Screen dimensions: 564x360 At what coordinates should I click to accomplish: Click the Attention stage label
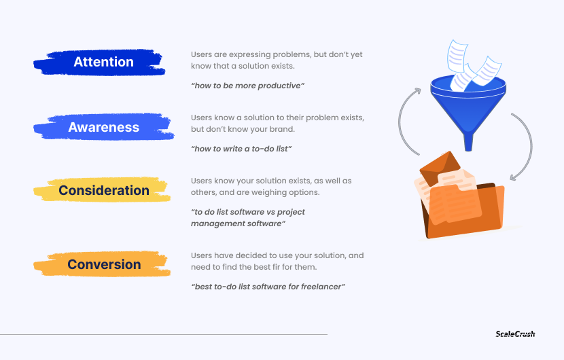click(103, 62)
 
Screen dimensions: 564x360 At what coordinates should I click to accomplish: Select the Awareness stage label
click(103, 127)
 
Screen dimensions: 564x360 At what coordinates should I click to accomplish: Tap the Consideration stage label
click(103, 190)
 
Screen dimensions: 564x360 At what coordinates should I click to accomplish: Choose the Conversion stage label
click(104, 264)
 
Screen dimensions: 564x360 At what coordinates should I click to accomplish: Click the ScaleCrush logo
click(515, 334)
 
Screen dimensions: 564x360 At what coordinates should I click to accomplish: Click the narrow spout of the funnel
click(468, 143)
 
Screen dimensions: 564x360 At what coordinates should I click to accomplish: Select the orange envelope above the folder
click(440, 168)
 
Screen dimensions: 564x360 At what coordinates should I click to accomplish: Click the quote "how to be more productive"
click(248, 86)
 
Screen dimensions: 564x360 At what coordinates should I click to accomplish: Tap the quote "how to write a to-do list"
click(241, 149)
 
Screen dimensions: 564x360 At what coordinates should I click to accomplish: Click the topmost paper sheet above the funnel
click(457, 57)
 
